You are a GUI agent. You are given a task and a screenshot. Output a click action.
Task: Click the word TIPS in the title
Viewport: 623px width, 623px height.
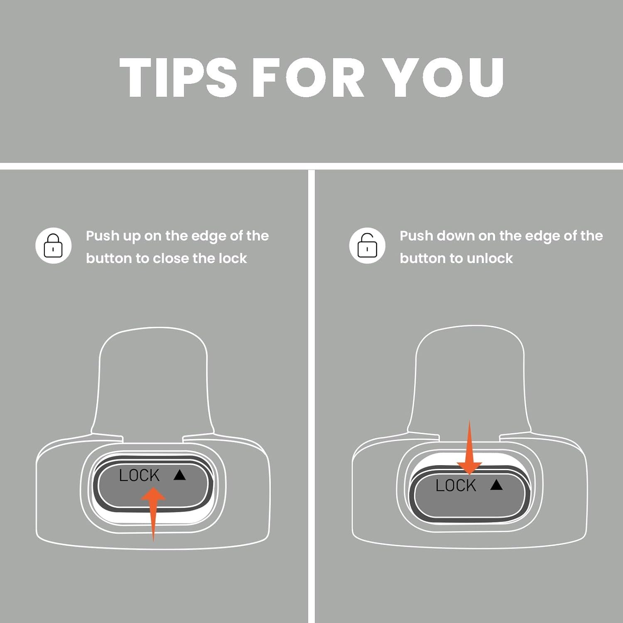click(178, 77)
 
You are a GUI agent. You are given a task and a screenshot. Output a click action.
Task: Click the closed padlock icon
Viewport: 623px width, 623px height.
click(53, 245)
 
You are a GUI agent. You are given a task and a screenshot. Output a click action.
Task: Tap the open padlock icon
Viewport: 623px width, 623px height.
click(367, 245)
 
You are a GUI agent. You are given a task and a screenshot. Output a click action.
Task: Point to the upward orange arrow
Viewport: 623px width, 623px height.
click(153, 514)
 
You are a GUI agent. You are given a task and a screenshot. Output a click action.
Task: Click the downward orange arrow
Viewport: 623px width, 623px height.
click(469, 447)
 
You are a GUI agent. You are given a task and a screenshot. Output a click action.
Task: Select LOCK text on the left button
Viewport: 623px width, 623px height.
click(139, 475)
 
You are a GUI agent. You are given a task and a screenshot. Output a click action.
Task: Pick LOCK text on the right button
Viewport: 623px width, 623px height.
click(456, 485)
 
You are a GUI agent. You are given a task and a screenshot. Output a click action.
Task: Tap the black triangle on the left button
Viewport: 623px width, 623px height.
click(179, 475)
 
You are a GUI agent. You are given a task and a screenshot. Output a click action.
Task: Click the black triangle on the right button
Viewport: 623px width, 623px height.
click(496, 485)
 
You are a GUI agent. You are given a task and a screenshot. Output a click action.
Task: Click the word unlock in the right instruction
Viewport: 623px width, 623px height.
click(490, 258)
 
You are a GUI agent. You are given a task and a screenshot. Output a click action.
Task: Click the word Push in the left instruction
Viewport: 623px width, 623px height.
click(102, 236)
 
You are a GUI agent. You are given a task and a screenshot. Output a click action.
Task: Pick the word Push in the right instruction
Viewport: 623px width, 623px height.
click(416, 236)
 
